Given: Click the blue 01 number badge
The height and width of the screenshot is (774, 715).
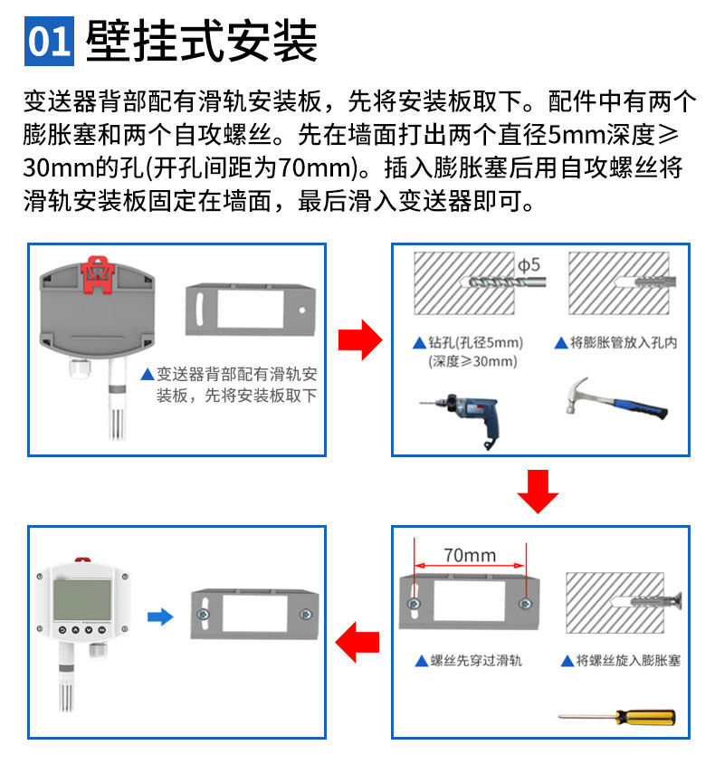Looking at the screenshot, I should (49, 41).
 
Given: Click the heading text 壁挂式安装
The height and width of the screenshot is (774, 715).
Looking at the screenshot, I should (201, 41).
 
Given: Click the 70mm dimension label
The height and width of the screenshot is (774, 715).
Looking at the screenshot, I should (469, 555).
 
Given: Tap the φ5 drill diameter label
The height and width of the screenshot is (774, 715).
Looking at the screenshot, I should (528, 265).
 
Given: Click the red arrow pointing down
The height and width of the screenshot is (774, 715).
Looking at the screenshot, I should (539, 490).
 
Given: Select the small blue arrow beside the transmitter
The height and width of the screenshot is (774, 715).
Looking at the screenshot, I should (160, 616).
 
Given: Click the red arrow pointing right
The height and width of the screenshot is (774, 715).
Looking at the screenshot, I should (358, 340).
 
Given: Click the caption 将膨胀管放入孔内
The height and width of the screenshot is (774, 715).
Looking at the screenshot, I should (622, 343).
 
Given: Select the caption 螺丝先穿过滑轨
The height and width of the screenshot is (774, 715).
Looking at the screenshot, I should (474, 661).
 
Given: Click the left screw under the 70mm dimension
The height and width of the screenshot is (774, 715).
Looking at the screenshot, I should (415, 603).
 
